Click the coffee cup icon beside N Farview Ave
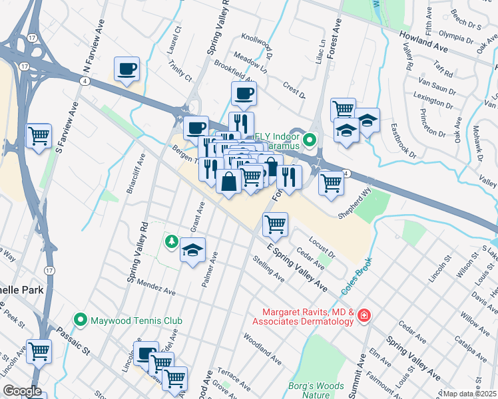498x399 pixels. [x=126, y=69]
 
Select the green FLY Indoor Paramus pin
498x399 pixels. [x=309, y=140]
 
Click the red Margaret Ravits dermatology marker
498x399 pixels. [x=364, y=315]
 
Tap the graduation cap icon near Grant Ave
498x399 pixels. [x=192, y=251]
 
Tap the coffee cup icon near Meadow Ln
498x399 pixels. [x=244, y=93]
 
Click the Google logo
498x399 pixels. [x=22, y=391]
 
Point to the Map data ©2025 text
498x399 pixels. [x=469, y=394]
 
